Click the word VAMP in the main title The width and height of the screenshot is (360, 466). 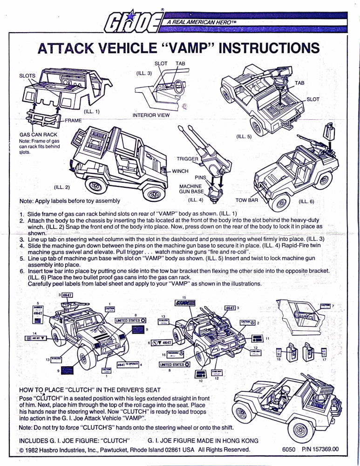pyautogui.click(x=188, y=48)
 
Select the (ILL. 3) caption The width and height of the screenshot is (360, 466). pyautogui.click(x=143, y=73)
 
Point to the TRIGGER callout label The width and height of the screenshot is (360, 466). pyautogui.click(x=187, y=159)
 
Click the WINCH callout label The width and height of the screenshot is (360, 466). pyautogui.click(x=180, y=171)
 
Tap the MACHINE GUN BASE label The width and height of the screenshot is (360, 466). pyautogui.click(x=190, y=189)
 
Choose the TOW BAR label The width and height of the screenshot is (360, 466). pyautogui.click(x=246, y=200)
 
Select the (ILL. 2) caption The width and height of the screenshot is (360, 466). pyautogui.click(x=62, y=187)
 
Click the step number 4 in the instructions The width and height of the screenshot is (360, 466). pyautogui.click(x=22, y=245)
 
